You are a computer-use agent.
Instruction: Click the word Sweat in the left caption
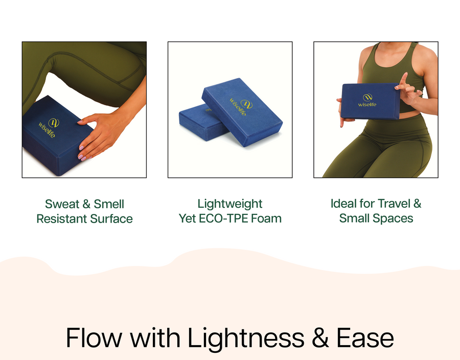tap(62, 204)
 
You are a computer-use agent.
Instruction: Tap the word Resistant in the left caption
tap(62, 219)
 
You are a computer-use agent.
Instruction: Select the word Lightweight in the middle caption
tap(230, 204)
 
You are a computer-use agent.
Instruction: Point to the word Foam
tap(266, 219)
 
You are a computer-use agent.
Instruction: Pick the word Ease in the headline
tap(365, 338)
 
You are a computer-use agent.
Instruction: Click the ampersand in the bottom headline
tap(320, 338)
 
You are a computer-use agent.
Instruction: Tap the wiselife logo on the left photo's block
tap(48, 128)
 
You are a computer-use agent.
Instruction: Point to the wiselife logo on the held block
tap(367, 100)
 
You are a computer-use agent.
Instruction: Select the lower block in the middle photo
tap(199, 123)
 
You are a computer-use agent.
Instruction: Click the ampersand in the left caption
tap(86, 204)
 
